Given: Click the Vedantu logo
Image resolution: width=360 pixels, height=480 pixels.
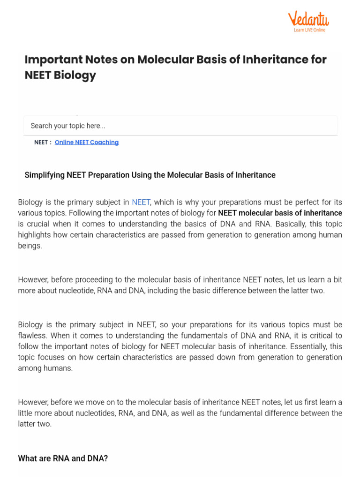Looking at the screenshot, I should click(x=308, y=19).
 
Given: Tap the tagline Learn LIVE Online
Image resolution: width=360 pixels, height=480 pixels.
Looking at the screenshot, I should click(x=309, y=30).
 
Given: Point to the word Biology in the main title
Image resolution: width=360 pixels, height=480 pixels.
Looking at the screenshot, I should click(x=75, y=75).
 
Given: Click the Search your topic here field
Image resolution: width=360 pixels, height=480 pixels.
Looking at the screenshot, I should click(x=180, y=126).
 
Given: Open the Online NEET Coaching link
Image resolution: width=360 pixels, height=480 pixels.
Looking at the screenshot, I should click(x=87, y=142).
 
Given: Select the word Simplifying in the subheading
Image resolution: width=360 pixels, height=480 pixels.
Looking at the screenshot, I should click(x=44, y=175).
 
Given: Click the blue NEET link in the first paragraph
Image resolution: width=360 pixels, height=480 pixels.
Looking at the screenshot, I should click(x=141, y=202).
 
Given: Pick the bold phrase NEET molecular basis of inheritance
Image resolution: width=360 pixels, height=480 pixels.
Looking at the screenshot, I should click(x=280, y=213).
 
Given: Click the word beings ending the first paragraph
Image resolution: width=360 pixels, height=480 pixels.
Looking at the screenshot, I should click(x=30, y=246).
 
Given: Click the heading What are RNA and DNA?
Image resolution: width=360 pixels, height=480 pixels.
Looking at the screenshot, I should click(x=63, y=458).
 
